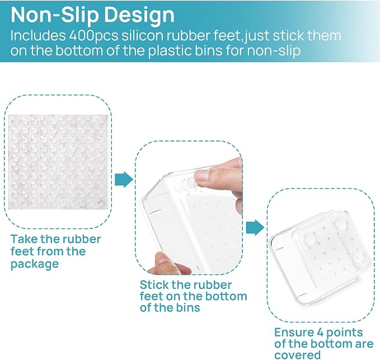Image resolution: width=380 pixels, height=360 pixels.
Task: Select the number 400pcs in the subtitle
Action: (93, 36)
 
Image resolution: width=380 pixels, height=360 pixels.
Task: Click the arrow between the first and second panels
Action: (124, 179)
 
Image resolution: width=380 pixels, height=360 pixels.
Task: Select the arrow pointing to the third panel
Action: (255, 228)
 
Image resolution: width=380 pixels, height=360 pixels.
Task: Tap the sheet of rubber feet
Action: (58, 162)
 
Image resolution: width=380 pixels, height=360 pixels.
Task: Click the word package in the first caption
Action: (35, 264)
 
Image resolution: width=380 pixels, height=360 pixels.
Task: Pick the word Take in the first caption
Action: (24, 239)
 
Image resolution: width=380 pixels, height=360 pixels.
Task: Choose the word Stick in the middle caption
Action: (154, 285)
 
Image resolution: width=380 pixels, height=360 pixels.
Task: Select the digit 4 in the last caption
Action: (320, 333)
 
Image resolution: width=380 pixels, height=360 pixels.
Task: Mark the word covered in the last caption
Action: (297, 355)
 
